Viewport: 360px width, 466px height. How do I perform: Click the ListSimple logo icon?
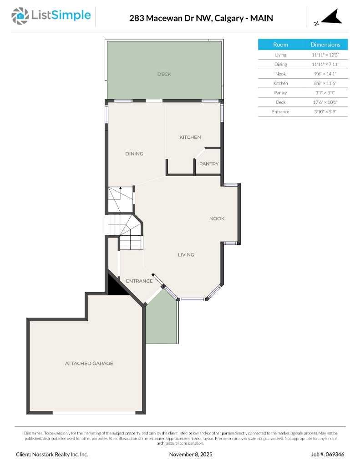click(x=20, y=16)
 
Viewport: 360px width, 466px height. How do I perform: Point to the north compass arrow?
click(x=331, y=17)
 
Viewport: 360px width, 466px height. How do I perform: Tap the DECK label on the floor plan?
click(x=164, y=74)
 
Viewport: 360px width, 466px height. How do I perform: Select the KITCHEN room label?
click(x=190, y=137)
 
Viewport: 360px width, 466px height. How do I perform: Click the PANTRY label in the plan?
click(x=209, y=164)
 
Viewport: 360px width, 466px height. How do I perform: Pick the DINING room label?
click(x=134, y=154)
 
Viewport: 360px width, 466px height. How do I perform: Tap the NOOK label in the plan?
click(x=217, y=218)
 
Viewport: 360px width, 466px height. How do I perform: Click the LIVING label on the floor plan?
click(x=186, y=255)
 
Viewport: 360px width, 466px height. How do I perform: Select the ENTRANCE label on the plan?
click(x=139, y=281)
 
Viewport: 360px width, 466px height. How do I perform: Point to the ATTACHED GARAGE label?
click(x=89, y=364)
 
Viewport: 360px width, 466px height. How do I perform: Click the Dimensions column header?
click(x=325, y=45)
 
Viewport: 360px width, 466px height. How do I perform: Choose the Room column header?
click(x=280, y=45)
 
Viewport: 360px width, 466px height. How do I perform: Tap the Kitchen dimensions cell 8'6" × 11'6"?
click(x=325, y=83)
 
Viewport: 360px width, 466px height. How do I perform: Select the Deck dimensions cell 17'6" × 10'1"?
click(x=325, y=102)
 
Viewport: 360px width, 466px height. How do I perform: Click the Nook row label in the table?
click(x=280, y=74)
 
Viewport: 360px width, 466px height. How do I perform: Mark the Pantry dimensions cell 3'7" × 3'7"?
click(x=325, y=93)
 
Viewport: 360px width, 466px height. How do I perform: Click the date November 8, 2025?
click(x=191, y=454)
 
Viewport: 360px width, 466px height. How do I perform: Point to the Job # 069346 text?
click(x=328, y=454)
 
